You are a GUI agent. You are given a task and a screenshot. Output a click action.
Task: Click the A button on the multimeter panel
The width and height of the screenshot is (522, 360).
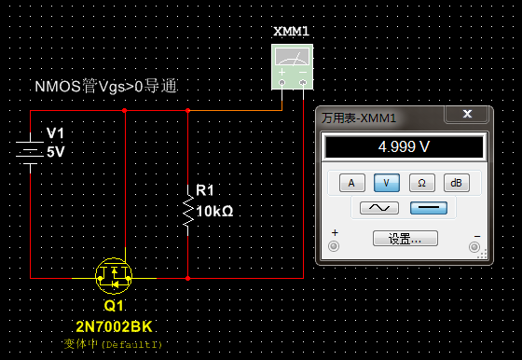click(352, 183)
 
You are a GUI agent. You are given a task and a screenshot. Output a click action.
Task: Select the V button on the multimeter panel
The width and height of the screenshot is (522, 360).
click(387, 183)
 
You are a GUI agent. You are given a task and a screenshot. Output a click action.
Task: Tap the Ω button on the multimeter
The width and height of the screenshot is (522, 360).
click(421, 183)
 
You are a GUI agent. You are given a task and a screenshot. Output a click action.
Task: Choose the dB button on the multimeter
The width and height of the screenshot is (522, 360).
click(457, 183)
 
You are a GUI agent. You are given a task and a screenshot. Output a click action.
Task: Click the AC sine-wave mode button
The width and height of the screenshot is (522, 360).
click(379, 208)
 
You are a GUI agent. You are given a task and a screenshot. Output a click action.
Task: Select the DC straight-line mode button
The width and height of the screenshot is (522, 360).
click(429, 208)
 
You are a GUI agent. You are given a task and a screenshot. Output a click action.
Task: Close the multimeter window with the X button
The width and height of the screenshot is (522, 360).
click(467, 114)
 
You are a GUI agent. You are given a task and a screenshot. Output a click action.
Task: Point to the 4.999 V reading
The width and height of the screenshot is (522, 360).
click(404, 146)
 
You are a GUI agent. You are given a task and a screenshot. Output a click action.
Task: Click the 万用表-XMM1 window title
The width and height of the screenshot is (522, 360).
click(359, 118)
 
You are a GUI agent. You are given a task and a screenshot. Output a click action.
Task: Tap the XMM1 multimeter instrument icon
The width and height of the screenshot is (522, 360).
click(292, 66)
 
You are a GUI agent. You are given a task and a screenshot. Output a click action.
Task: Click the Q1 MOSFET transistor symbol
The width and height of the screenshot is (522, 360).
click(114, 276)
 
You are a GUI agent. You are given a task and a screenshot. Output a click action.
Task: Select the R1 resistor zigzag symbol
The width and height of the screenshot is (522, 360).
click(188, 211)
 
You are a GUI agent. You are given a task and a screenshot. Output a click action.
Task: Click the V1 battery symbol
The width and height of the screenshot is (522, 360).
click(30, 152)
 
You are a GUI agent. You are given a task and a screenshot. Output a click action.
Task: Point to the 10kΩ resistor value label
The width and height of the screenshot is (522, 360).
click(214, 211)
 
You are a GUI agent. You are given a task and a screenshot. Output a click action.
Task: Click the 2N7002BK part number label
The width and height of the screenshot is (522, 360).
click(114, 326)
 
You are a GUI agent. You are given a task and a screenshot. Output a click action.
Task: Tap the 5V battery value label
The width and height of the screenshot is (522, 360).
click(56, 152)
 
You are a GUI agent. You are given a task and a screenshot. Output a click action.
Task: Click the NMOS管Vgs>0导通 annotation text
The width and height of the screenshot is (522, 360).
click(105, 87)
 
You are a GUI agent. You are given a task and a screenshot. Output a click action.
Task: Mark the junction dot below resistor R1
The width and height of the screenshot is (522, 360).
click(187, 278)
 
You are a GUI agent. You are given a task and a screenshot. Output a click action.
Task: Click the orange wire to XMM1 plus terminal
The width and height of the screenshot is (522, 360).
click(235, 110)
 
